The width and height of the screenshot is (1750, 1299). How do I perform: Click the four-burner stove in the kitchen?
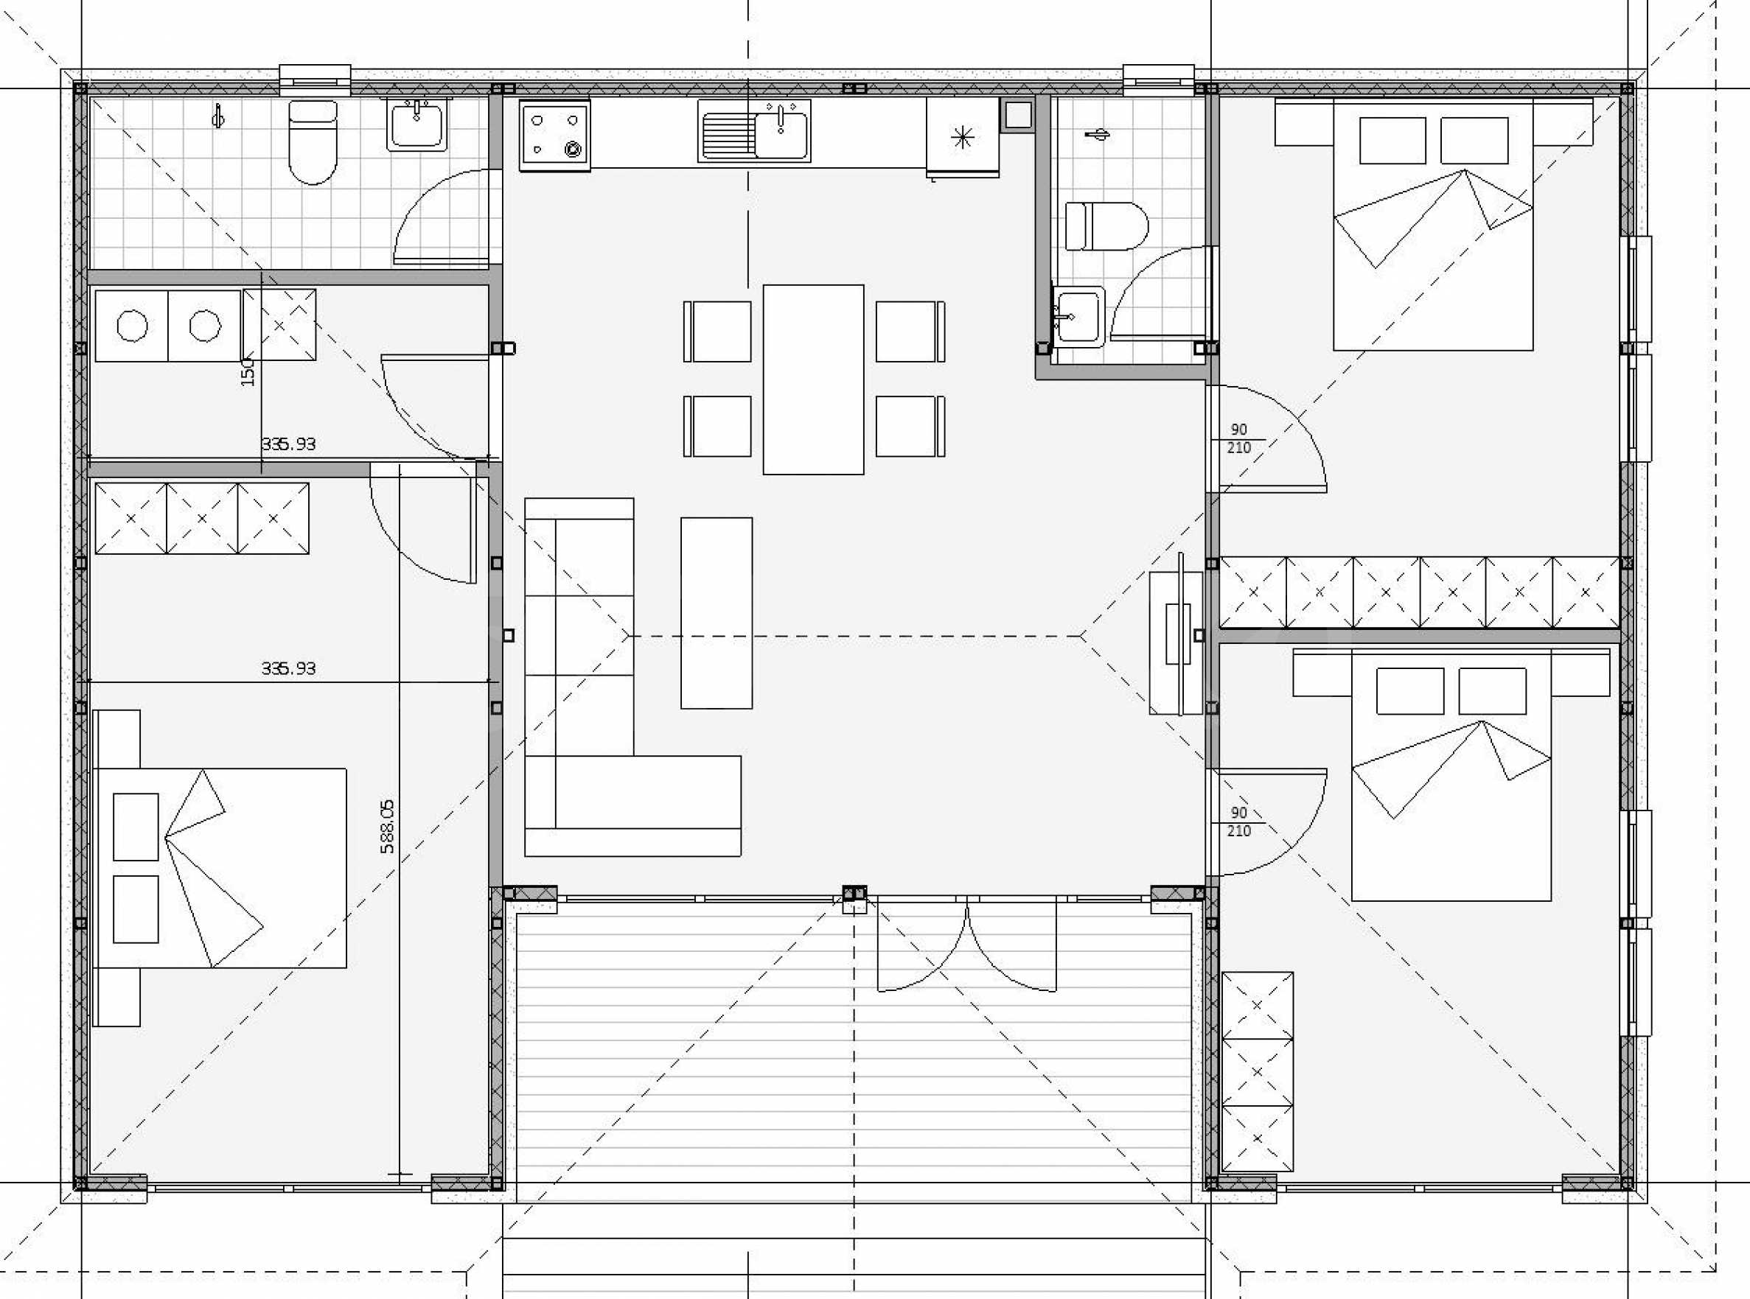[554, 136]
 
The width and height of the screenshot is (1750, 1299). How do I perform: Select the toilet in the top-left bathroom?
[313, 142]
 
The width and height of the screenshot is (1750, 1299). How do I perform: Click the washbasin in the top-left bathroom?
[416, 125]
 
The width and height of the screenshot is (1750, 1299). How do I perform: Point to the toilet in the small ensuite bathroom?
[1106, 226]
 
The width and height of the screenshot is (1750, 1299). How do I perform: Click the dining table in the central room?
[813, 379]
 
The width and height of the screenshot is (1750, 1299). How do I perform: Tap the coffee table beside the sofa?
[717, 612]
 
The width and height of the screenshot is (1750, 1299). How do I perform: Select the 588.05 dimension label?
[387, 827]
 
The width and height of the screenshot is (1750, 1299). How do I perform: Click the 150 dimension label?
[248, 371]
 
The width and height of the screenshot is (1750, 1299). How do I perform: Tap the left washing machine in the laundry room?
[131, 326]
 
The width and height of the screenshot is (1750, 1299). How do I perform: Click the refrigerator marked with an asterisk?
[962, 138]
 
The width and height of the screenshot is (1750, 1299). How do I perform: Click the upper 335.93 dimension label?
[288, 444]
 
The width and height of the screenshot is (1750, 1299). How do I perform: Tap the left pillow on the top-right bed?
[1392, 141]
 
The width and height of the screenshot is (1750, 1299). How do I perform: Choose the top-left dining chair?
[717, 331]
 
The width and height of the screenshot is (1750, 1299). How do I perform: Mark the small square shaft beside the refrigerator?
[1018, 116]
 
